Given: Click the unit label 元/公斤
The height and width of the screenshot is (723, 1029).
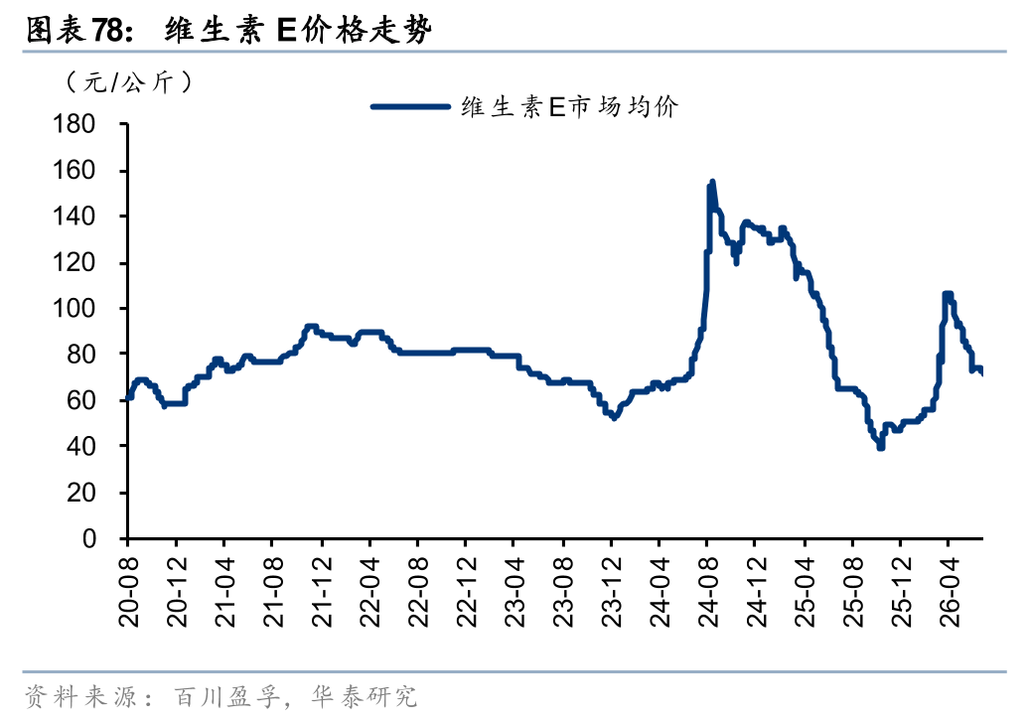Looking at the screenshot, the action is pos(129,82).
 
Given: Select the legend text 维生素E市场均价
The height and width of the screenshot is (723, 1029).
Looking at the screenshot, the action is pos(570,106).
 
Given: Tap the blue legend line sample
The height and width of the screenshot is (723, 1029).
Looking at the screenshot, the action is pos(411,106).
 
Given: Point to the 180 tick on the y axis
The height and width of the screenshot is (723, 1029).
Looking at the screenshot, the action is pos(74,124).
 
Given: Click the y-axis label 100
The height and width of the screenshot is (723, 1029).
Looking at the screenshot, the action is pos(74,308).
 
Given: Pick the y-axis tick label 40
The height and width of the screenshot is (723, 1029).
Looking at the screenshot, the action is pos(81,446).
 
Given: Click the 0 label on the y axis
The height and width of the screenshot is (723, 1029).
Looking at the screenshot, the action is pos(89,538).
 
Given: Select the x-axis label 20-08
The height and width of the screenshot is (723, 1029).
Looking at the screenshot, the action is pos(129,592).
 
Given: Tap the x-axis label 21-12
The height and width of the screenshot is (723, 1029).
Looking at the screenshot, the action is pos(322,592).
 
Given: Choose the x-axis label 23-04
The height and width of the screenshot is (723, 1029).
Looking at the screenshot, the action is pos(515,592).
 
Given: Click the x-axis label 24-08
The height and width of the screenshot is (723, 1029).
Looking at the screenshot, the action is pos(708,592).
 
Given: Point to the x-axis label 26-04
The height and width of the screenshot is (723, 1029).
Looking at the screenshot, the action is pos(950,592).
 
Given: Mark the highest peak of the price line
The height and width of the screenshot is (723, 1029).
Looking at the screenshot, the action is pos(713,182).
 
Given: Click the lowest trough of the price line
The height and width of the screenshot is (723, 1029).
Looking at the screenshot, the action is pos(880,448).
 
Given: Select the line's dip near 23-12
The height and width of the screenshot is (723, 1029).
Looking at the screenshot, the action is pos(614,417).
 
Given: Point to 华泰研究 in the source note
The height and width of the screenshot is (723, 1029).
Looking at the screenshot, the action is pos(365,697).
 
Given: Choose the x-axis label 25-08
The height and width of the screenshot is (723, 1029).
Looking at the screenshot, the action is pos(853,592).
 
